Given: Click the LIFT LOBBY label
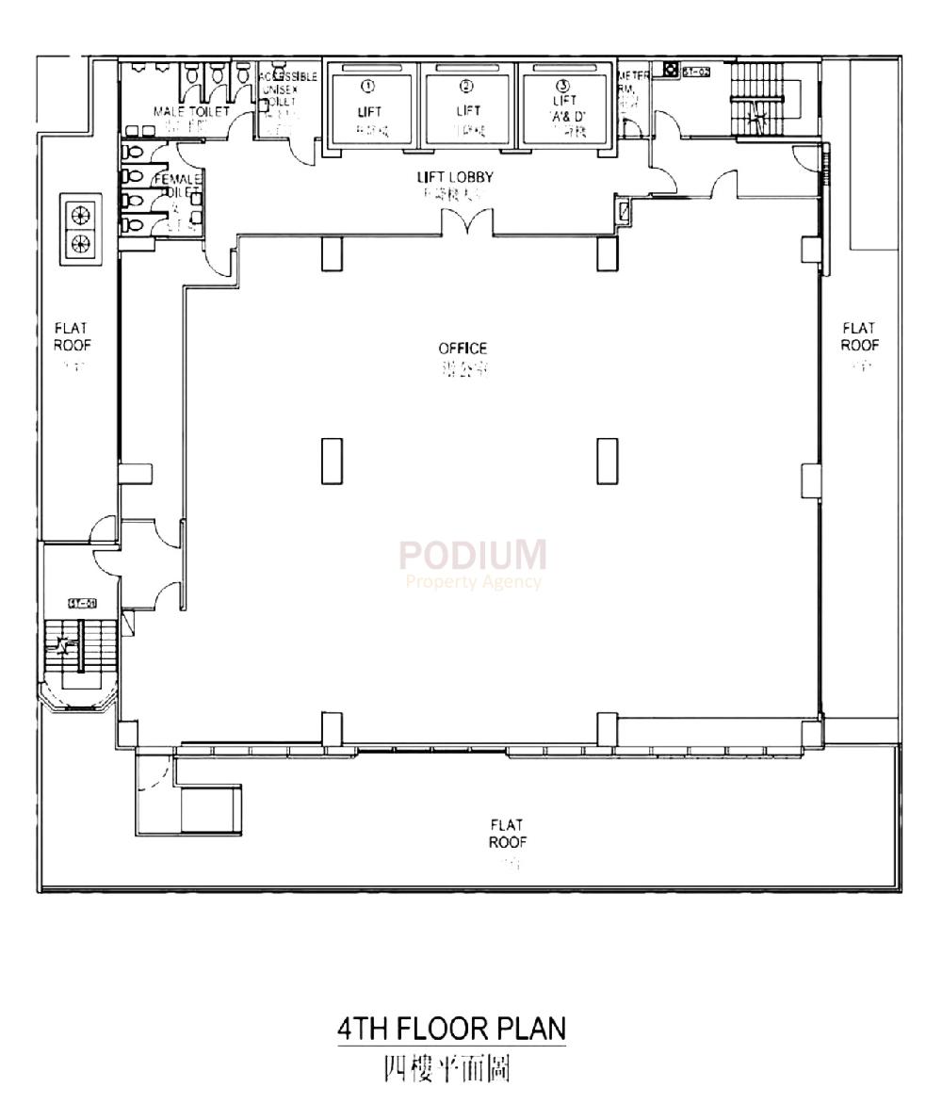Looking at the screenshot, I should tap(455, 177).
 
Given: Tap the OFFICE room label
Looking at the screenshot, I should tap(463, 349).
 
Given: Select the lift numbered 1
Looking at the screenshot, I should tap(369, 109).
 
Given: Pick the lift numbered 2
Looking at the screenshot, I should tap(467, 109).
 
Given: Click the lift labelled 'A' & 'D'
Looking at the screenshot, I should tap(564, 109).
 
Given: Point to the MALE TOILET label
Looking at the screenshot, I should tap(191, 111).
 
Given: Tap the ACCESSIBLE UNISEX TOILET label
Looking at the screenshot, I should tap(286, 89).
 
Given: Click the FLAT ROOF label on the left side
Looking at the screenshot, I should tap(72, 336).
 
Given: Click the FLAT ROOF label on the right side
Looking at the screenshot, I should tap(859, 336).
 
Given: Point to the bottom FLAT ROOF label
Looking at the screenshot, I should tap(507, 834).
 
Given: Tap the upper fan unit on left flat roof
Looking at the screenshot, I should tap(81, 213).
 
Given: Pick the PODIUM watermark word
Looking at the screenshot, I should tap(472, 555).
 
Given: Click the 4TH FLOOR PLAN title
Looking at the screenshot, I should tap(452, 1028).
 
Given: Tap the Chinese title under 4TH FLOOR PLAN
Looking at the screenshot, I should tap(447, 1069).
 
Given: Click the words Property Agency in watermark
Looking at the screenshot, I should tap(473, 581).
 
